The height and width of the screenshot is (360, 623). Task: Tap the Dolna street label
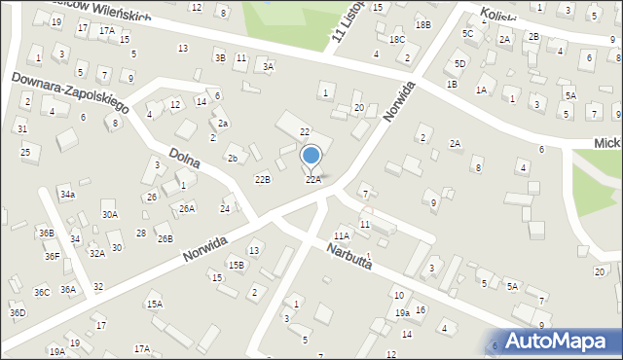point(184,159)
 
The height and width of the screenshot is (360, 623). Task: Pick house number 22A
point(313,180)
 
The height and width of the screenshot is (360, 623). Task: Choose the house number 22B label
point(263,179)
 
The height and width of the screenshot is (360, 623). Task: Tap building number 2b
point(232,158)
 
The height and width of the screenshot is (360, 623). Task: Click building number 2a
point(223,124)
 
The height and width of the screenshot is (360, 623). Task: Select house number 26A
point(187,208)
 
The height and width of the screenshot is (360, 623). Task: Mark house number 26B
point(165,238)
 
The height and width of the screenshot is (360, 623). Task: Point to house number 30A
point(110,215)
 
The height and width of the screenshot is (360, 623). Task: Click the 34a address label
point(67,195)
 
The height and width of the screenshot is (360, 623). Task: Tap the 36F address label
point(52,257)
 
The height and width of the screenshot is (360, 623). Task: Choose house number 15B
point(237,265)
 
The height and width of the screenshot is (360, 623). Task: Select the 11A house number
point(342,235)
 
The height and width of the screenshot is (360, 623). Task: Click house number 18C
point(397,39)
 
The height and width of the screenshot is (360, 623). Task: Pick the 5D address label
point(459,64)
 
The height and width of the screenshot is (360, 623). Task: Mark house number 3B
point(220,58)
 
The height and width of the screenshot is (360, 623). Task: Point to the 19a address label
point(402,313)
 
